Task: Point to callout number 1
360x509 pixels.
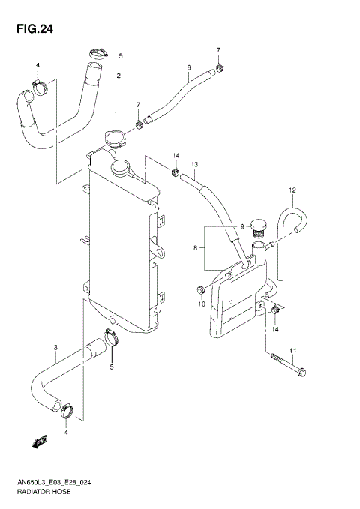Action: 116,114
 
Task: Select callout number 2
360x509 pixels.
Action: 118,76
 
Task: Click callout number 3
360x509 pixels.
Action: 55,347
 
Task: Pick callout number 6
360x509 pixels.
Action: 189,67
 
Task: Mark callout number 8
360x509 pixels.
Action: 197,247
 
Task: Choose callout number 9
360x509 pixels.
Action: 242,226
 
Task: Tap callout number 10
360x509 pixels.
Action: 202,304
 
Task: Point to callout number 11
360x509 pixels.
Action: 293,351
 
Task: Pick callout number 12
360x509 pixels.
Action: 293,190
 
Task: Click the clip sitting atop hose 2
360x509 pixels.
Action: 97,53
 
